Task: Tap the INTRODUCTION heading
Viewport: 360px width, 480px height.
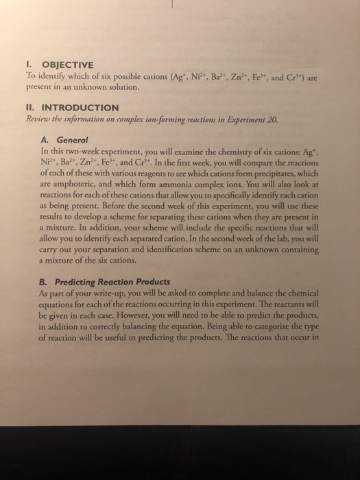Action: [x=82, y=107]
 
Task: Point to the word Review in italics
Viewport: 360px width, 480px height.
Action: [x=38, y=118]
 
